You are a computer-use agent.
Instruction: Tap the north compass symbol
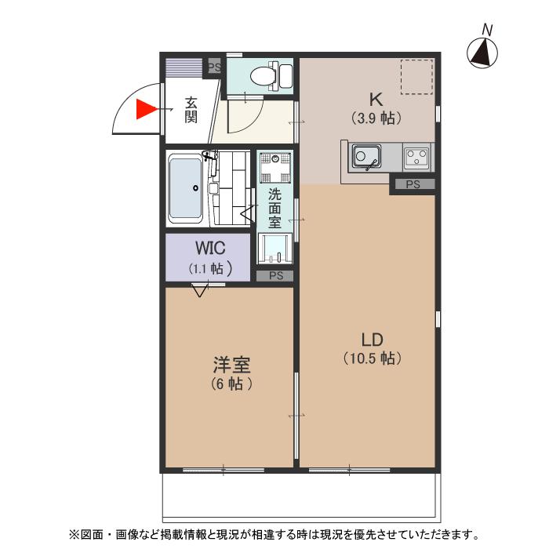(484, 52)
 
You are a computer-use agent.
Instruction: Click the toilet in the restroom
(266, 76)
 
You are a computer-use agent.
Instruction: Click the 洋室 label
(231, 365)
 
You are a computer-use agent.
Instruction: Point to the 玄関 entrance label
(191, 110)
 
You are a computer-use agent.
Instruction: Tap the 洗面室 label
(274, 209)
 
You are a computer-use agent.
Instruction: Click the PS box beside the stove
(413, 184)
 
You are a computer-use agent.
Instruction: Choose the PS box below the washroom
(275, 275)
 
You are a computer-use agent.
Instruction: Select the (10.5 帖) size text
(372, 358)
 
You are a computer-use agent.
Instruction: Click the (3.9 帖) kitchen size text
(376, 118)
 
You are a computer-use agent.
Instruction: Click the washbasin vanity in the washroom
(276, 249)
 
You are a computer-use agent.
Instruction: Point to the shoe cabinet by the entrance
(183, 67)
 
